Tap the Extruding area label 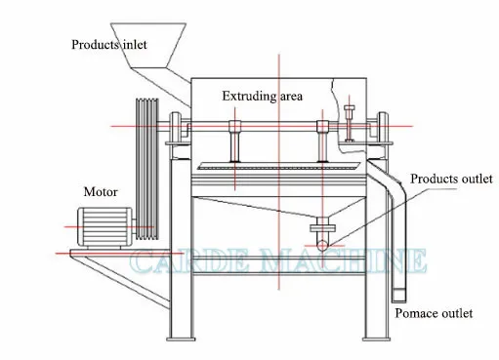click(262, 96)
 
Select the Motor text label click(101, 192)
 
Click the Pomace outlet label click(434, 313)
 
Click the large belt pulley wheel click(147, 166)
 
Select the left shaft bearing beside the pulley click(176, 127)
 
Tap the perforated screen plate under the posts click(278, 168)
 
